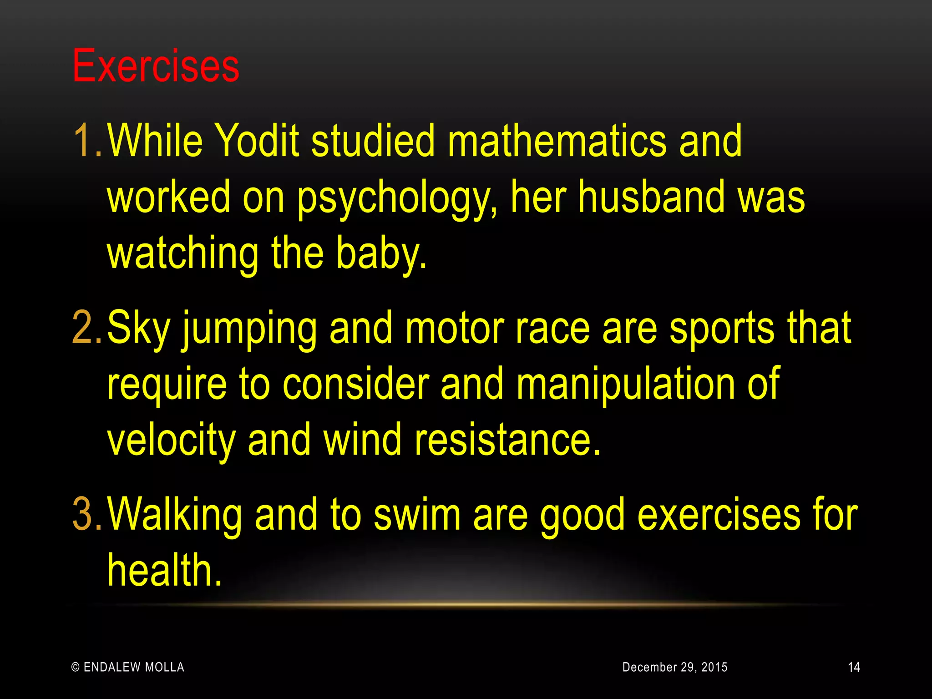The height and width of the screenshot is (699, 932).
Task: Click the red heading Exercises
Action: coord(156,66)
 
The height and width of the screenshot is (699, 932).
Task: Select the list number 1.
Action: coord(86,141)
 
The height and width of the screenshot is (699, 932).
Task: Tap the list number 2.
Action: coord(86,328)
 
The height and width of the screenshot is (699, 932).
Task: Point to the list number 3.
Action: coord(86,515)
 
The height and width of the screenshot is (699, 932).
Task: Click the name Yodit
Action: coord(256,141)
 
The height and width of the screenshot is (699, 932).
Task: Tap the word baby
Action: coord(381,254)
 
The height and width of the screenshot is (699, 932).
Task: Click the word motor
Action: coord(454,329)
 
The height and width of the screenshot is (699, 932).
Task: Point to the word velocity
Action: coord(171,441)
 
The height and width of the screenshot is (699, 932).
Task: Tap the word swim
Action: coord(417,515)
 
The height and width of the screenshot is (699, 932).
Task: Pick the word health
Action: coord(164,571)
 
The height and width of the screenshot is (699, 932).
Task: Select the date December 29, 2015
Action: coord(674,667)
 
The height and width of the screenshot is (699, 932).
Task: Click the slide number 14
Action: coord(854,667)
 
